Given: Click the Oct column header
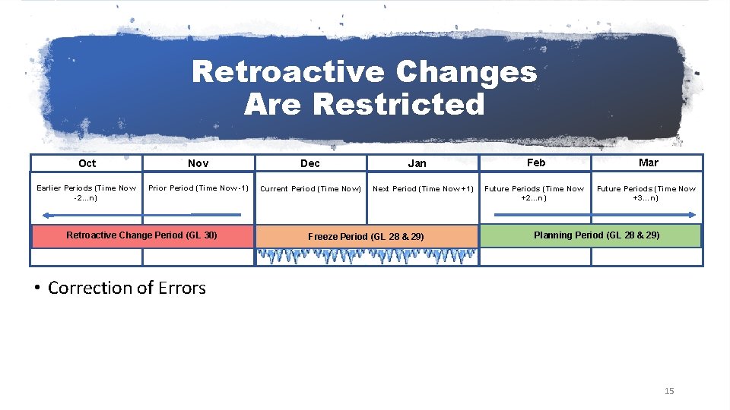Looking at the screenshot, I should click(87, 163).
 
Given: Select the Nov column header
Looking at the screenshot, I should click(198, 163).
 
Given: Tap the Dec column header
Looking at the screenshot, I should click(310, 163).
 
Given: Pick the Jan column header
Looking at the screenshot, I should click(417, 163).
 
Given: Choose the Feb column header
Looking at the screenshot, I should click(536, 162).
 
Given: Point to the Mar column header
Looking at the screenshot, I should click(648, 162).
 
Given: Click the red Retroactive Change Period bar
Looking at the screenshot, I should click(141, 235).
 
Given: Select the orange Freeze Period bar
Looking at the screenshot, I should click(367, 236).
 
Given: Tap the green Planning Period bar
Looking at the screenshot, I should click(596, 235).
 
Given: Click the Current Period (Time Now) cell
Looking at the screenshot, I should click(310, 189).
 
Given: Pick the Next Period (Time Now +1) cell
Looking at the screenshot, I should click(423, 189).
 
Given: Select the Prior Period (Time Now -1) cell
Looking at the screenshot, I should click(198, 188).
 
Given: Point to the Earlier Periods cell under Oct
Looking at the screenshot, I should click(87, 193).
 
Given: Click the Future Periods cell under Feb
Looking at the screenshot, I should click(535, 193).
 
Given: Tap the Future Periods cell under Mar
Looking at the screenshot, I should click(646, 193).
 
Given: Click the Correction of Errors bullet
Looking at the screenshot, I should click(126, 288).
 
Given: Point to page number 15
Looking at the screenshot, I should click(669, 391).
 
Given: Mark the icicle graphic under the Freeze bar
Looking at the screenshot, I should click(367, 257).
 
